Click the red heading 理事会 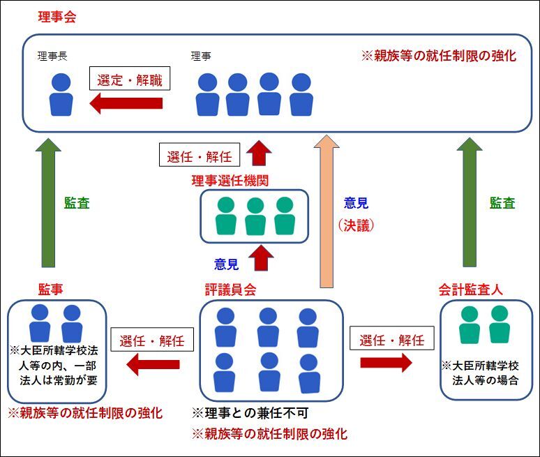point(57,17)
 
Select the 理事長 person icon point(61,95)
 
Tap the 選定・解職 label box point(130,80)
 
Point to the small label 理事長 point(52,55)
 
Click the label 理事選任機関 point(231,181)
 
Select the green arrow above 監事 point(48,202)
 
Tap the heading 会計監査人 point(471,287)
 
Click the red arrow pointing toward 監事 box point(153,364)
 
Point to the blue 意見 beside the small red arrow point(227,264)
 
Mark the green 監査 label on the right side point(502,204)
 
